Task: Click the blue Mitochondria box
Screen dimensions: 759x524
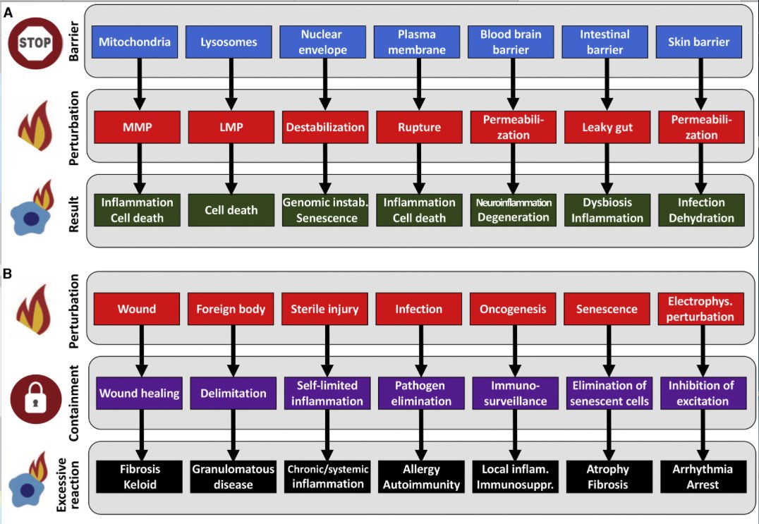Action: point(135,42)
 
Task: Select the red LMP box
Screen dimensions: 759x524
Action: point(231,127)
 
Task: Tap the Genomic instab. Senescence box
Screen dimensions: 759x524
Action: point(325,210)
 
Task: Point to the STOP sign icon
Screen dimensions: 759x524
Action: point(35,42)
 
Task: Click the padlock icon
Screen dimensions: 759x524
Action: point(35,397)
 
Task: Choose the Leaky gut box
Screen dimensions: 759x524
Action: point(607,127)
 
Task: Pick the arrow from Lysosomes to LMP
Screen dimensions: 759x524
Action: point(231,84)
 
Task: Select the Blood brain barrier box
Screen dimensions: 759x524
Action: point(511,42)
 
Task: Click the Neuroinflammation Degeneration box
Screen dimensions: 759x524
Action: point(513,210)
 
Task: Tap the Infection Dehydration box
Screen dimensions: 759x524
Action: point(701,210)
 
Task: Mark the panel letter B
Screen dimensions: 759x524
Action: point(8,274)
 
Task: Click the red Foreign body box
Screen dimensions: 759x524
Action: point(231,309)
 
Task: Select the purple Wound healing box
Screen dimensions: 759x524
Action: point(140,393)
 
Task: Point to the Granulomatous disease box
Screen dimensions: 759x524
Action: point(233,477)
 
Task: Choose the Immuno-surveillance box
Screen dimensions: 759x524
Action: point(515,393)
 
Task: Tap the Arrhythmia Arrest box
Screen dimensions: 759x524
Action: point(703,477)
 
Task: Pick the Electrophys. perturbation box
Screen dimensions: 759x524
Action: point(700,309)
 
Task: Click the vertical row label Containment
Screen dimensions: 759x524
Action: point(73,403)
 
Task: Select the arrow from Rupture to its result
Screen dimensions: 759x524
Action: point(419,169)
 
